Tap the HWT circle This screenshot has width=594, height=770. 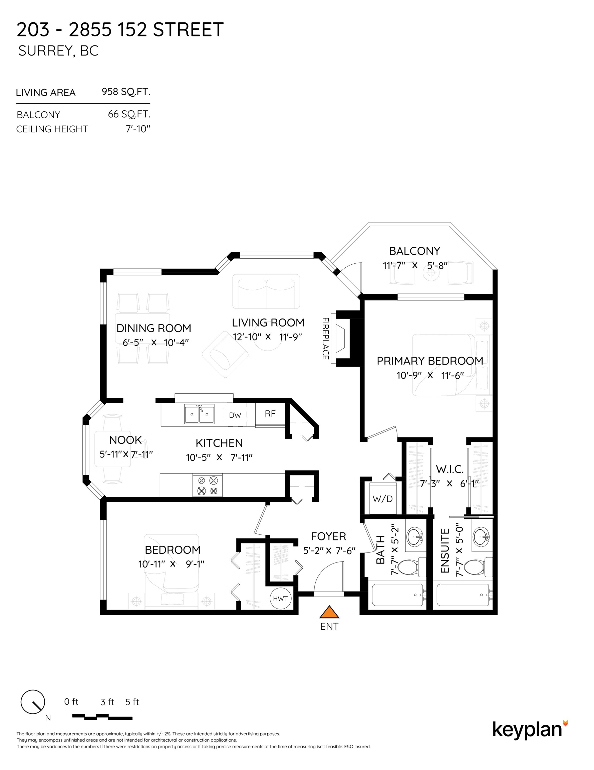point(281,598)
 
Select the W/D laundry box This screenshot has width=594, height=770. point(383,499)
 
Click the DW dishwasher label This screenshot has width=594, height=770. point(235,415)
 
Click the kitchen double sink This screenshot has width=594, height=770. point(199,414)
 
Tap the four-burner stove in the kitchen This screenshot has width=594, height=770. point(207,485)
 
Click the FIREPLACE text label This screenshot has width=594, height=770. point(325,339)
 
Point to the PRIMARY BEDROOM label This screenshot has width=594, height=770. point(429,361)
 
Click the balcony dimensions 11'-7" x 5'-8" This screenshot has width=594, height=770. point(415,265)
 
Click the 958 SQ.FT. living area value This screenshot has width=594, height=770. point(126,92)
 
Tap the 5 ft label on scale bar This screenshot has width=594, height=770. point(132,702)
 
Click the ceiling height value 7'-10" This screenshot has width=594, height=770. point(138,129)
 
